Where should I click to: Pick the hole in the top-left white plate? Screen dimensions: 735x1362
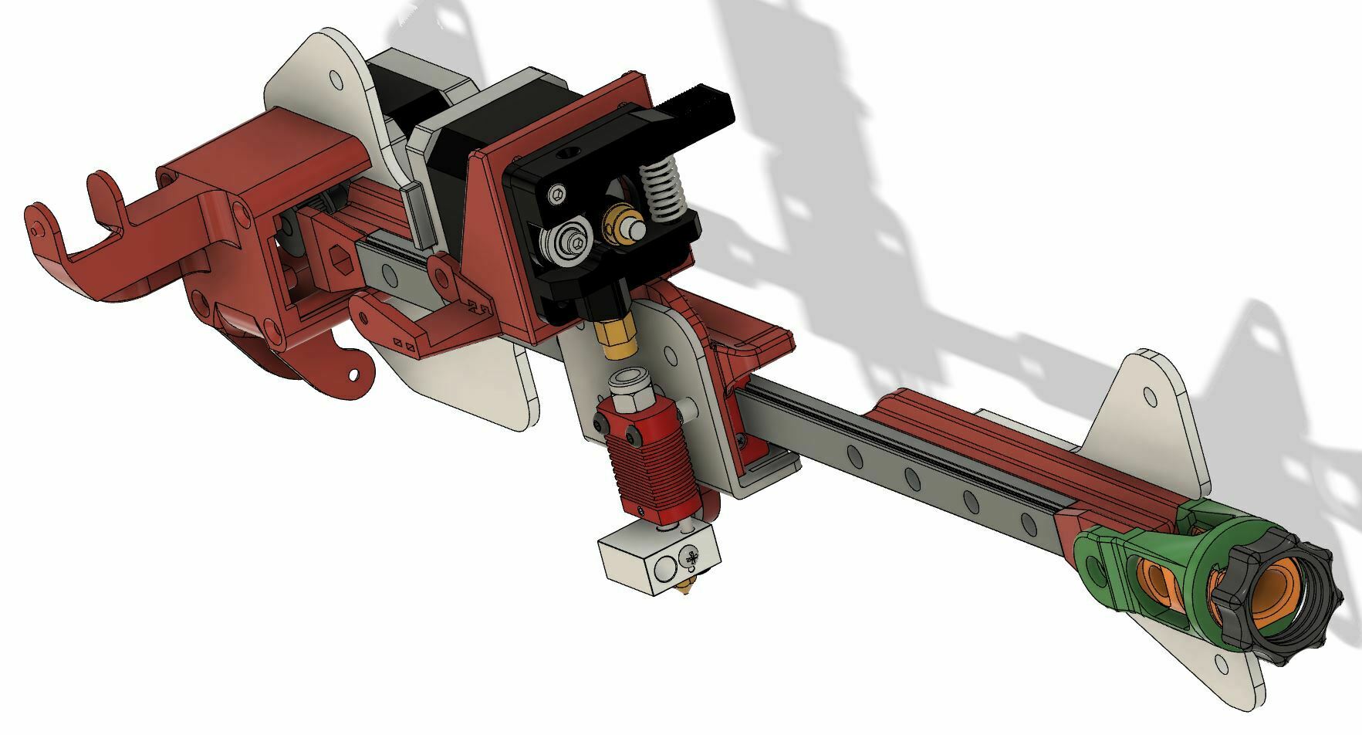click(x=335, y=80)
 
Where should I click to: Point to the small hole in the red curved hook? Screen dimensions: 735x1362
click(x=353, y=375)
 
